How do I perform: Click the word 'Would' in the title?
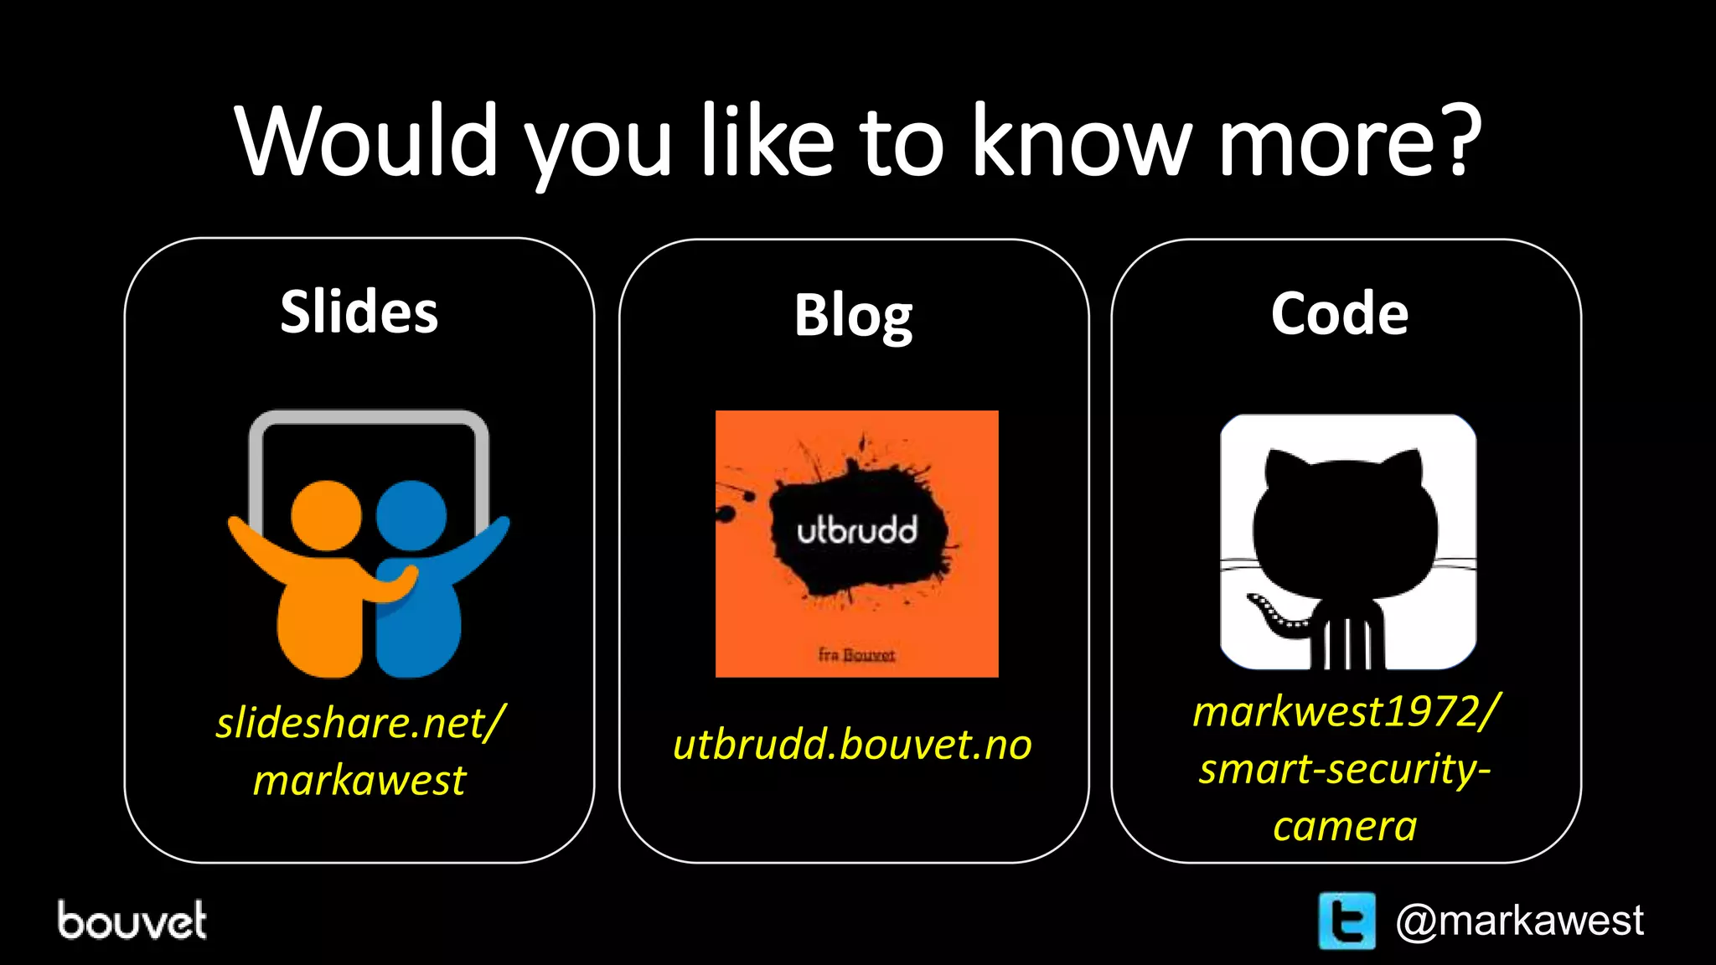tap(367, 141)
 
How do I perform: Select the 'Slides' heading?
tap(359, 312)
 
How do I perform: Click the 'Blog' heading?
tap(853, 316)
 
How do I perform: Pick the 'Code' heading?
tap(1339, 313)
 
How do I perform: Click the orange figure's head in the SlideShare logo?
tap(326, 515)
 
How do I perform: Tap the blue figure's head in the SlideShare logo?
tap(411, 515)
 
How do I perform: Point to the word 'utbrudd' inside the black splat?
tap(856, 531)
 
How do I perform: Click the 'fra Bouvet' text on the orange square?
tap(856, 654)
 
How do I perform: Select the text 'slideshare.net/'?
tap(360, 723)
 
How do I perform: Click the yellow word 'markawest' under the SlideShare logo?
tap(359, 781)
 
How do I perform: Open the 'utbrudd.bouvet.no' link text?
tap(852, 745)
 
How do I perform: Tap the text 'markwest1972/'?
tap(1346, 712)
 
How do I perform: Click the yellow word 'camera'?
tap(1344, 827)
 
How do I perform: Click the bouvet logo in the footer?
tap(132, 921)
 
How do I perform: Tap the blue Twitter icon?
tap(1346, 921)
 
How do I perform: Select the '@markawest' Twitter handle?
tap(1519, 921)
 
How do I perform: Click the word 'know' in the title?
tap(1081, 141)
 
